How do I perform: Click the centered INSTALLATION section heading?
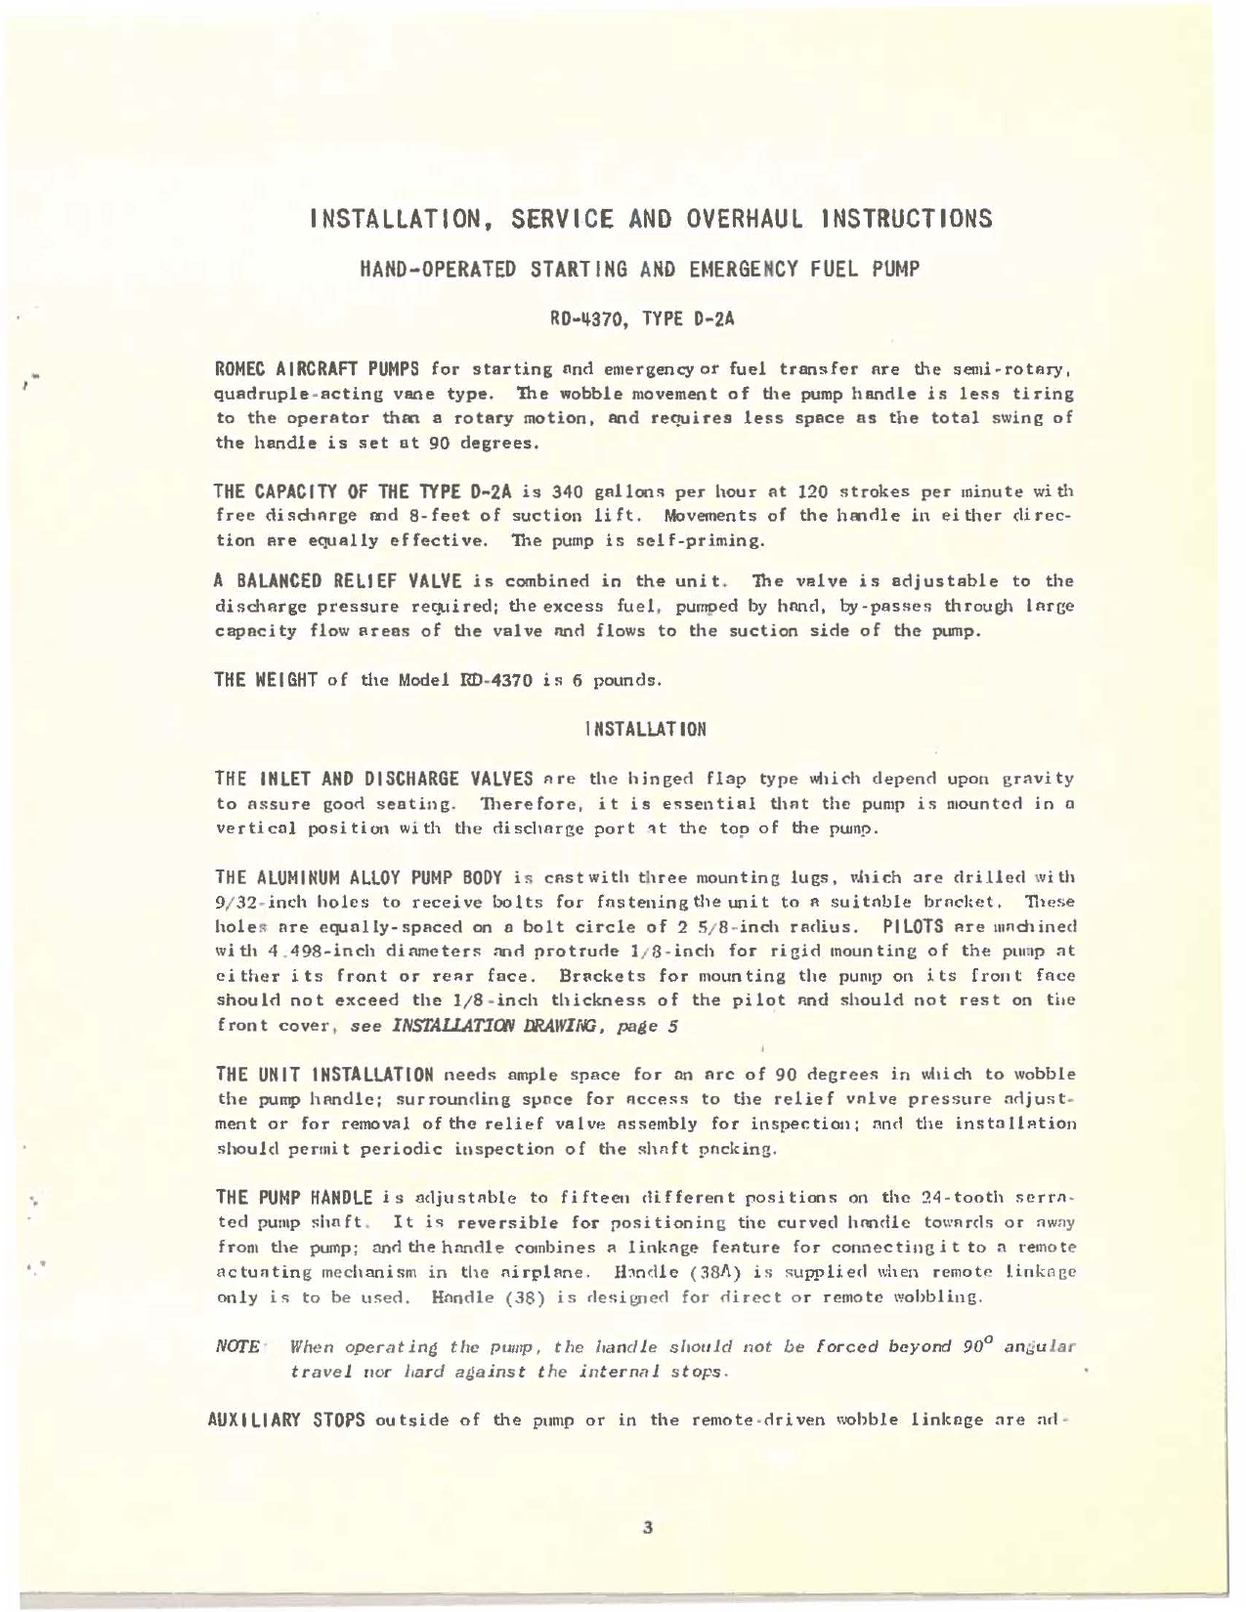[644, 730]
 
